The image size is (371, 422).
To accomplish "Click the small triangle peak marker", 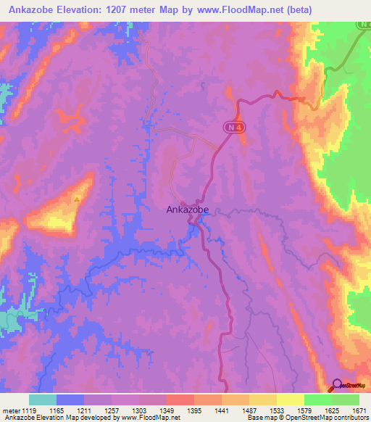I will pos(77,197).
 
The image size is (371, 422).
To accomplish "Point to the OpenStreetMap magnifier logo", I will pos(337,385).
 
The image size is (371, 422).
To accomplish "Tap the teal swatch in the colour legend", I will pos(43,400).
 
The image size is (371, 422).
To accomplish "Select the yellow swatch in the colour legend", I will pos(290,400).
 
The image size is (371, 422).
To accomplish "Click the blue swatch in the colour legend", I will pos(70,400).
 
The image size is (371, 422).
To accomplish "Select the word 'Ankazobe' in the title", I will pos(30,10).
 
